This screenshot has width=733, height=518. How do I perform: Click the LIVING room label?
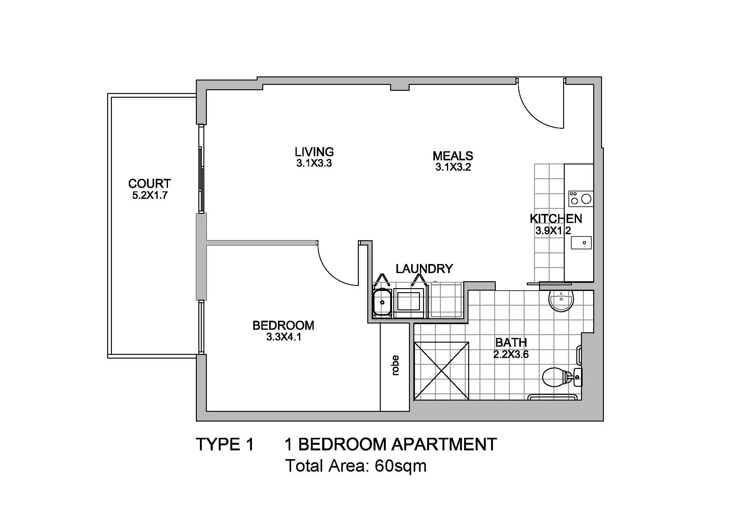tap(314, 152)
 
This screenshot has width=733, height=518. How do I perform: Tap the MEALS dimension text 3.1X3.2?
tap(453, 167)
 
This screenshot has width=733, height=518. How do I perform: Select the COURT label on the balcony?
tap(149, 184)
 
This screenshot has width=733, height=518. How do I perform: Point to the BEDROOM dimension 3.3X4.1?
tap(284, 337)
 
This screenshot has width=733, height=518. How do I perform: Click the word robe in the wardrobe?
tap(395, 365)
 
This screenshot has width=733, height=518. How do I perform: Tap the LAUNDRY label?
tap(424, 269)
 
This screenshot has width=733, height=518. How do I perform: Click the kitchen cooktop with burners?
tap(581, 199)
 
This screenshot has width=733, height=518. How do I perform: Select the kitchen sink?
tap(581, 242)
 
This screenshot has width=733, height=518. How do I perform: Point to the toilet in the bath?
tap(562, 376)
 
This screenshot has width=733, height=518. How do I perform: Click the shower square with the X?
tap(441, 370)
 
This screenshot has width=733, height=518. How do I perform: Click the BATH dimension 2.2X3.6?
tap(511, 354)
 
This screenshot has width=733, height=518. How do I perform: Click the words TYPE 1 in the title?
tap(225, 444)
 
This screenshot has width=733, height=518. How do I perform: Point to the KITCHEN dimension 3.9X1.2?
tap(553, 230)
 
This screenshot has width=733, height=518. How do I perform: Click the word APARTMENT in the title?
tap(444, 444)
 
